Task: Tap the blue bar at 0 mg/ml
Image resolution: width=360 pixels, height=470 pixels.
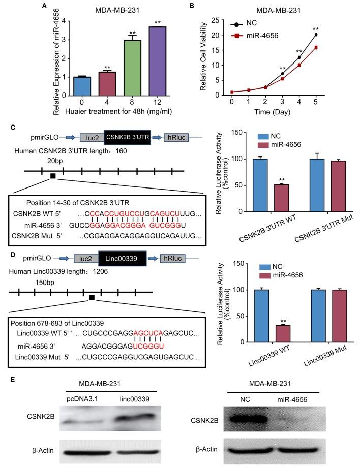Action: [68, 86]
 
